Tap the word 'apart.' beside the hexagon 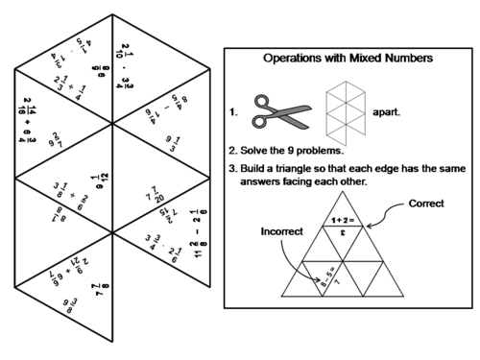click(x=386, y=111)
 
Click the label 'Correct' click(x=425, y=204)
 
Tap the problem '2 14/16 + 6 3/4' click(x=26, y=118)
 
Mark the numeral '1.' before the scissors click(x=234, y=111)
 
